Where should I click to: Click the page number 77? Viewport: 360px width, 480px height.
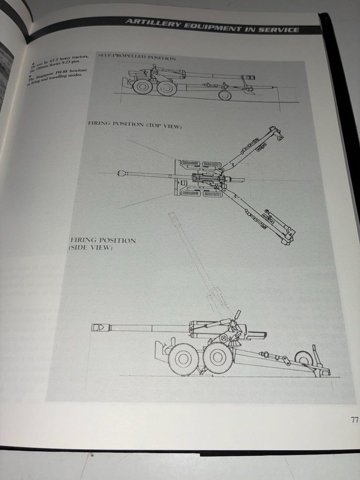(x=354, y=420)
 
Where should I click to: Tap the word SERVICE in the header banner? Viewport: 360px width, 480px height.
(x=279, y=29)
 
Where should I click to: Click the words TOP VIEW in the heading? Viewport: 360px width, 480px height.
(x=164, y=126)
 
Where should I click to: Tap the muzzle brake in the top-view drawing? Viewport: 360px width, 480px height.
(x=121, y=173)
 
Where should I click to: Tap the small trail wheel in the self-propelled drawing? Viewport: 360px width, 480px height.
(x=225, y=95)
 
